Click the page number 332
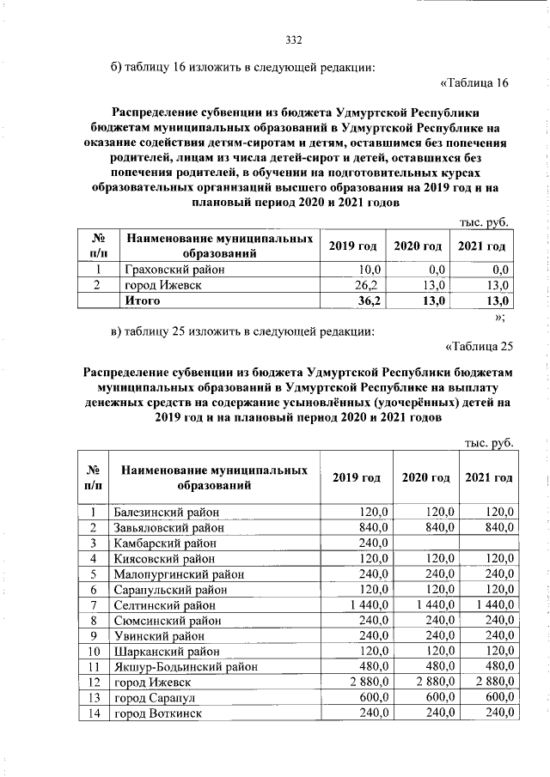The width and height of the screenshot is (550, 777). point(294,39)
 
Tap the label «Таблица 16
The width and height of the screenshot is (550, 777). point(474,83)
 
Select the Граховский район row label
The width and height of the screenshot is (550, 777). point(175,270)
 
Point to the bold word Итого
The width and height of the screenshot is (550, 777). point(143,301)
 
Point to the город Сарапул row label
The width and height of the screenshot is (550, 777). point(156,698)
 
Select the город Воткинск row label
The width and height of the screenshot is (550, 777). point(158,713)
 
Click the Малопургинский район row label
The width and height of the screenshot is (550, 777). point(178,574)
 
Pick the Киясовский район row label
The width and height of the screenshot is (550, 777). point(165,559)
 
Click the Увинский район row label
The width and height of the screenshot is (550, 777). point(159,636)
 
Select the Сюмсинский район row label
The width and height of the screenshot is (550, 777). point(166,621)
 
